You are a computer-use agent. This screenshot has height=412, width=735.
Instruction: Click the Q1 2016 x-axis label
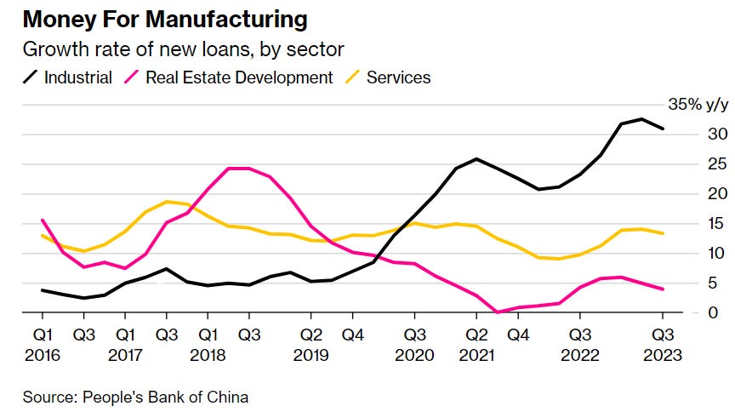click(43, 342)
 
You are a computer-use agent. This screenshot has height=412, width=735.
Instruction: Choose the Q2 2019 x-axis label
click(312, 342)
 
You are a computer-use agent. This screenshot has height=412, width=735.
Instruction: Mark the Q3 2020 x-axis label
click(416, 342)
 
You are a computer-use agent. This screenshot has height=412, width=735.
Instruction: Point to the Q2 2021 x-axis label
click(477, 342)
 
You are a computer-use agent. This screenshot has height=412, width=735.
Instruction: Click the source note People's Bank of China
click(135, 396)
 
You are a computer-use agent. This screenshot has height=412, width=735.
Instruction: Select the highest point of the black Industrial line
click(642, 119)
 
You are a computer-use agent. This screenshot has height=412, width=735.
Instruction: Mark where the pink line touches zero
click(498, 312)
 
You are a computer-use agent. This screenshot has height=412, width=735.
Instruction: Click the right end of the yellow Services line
click(664, 233)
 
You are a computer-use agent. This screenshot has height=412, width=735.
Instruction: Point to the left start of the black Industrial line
click(43, 290)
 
